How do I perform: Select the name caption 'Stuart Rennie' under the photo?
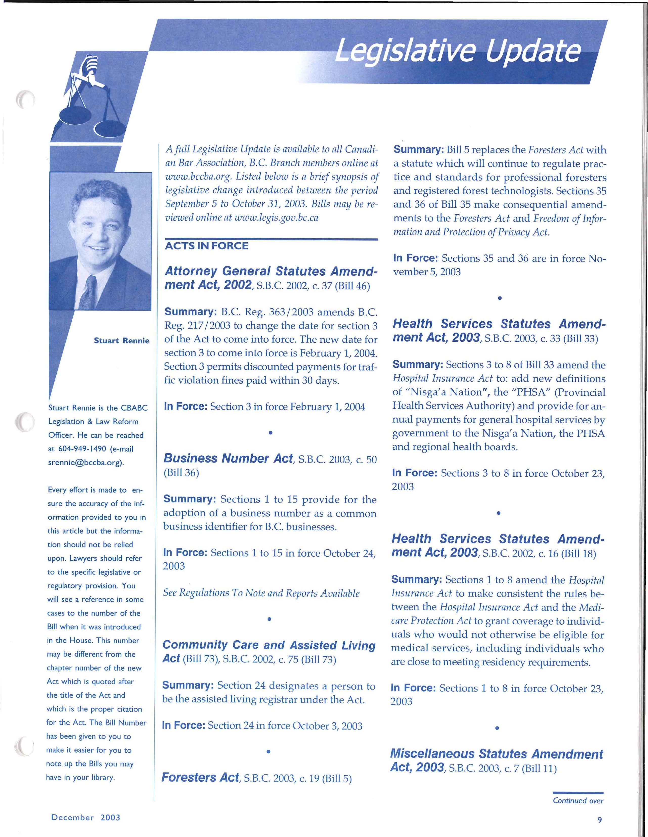click(x=121, y=341)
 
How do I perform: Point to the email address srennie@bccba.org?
click(x=86, y=462)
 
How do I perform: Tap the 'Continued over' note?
click(x=578, y=801)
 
